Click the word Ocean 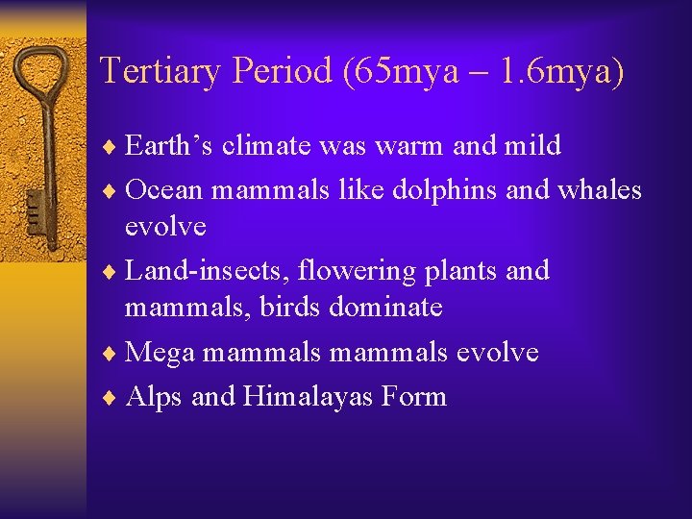tap(164, 189)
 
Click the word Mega tap(161, 352)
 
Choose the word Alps tap(154, 395)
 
